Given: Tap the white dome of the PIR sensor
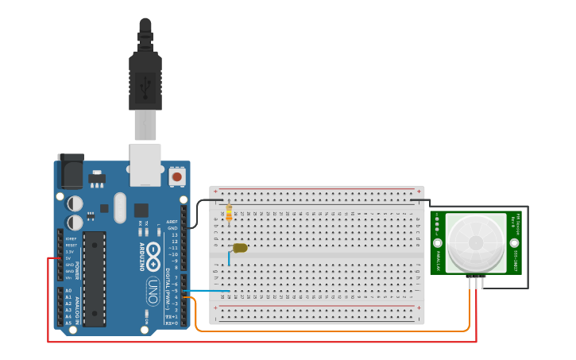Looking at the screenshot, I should (x=476, y=242).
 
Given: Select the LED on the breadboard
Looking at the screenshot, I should (x=240, y=248).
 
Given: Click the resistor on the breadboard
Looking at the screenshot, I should (x=230, y=213).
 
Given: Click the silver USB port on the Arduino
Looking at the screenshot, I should (x=145, y=165).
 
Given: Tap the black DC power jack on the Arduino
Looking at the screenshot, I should (x=71, y=171).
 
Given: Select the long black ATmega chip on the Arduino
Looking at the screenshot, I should (x=95, y=278).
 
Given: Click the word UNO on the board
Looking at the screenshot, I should (x=152, y=291).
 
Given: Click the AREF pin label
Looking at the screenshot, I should (x=172, y=222).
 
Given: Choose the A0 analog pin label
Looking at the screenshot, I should (x=68, y=291).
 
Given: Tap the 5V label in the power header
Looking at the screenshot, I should (x=69, y=258).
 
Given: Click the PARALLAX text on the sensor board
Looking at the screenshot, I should (x=439, y=256).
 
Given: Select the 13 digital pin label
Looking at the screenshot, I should (x=174, y=234).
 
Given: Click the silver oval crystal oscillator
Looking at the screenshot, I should (x=120, y=207).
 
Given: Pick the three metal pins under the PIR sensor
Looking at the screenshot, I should (x=477, y=282).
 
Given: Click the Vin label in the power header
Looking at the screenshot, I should (x=69, y=277).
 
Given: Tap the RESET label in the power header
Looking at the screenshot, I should (x=70, y=246).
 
